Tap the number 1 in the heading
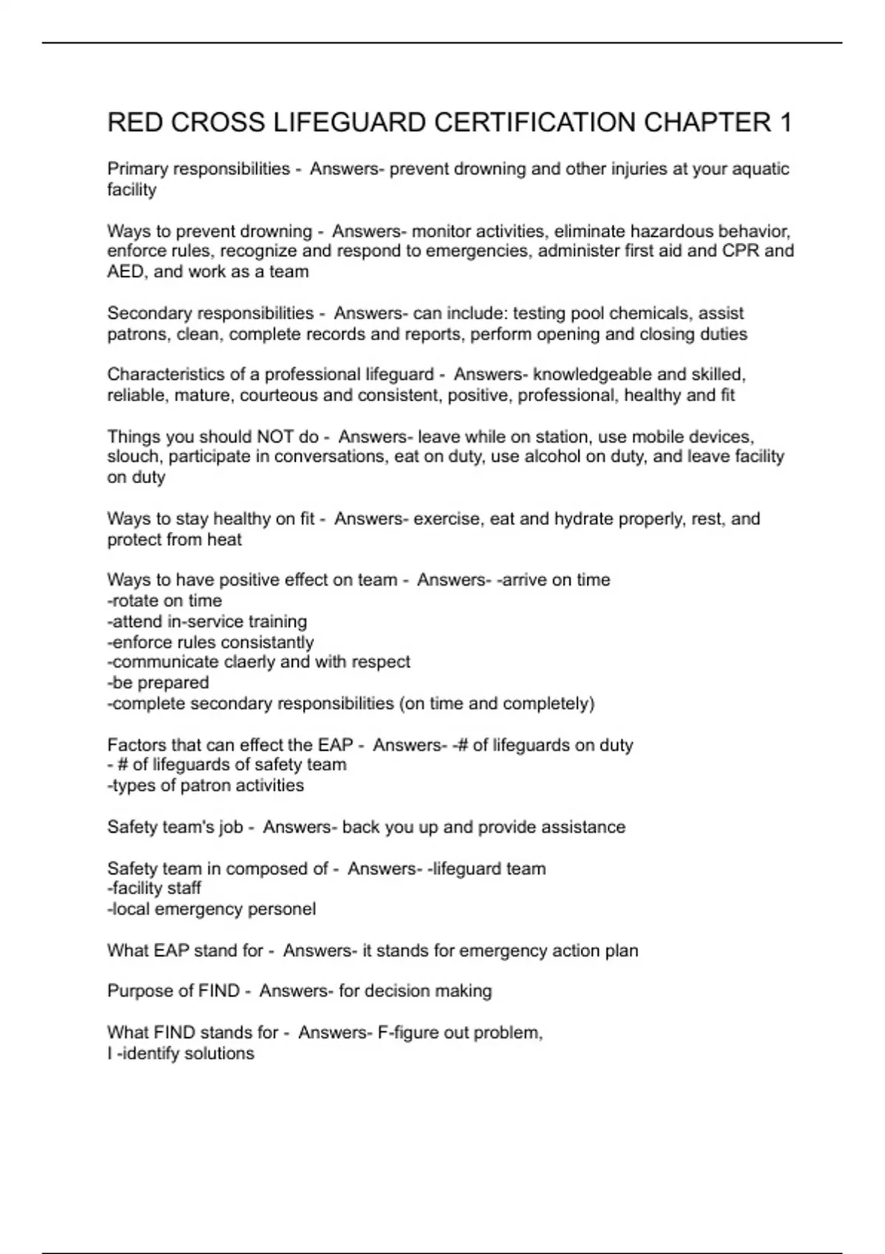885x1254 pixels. (x=785, y=122)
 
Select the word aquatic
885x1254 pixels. (x=760, y=169)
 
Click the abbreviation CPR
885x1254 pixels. (x=740, y=251)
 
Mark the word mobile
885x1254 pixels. (x=667, y=437)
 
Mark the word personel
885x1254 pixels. (x=284, y=909)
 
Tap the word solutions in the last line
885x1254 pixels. (x=219, y=1053)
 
